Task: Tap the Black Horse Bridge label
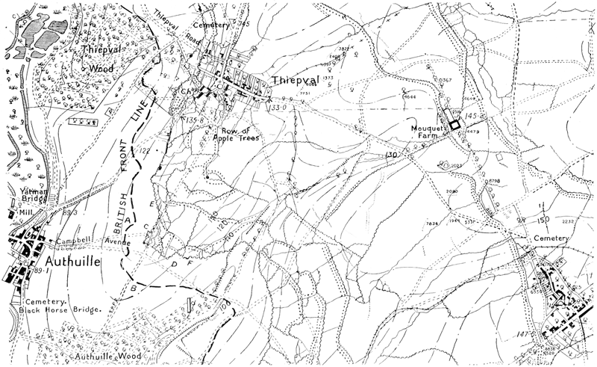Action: point(60,308)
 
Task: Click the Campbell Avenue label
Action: point(90,242)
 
